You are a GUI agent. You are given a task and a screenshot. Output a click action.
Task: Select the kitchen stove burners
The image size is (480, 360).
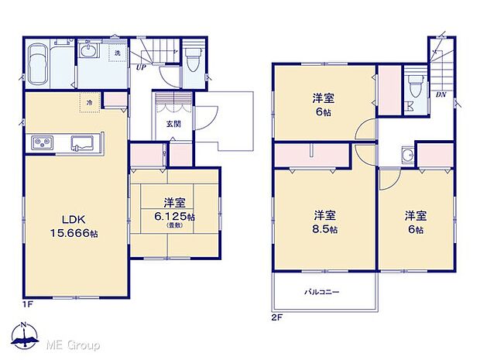coord(40,142)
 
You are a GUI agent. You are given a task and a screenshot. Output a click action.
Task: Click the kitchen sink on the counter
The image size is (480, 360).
coord(81,142)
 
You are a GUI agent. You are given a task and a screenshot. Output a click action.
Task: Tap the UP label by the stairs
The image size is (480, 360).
coord(141,68)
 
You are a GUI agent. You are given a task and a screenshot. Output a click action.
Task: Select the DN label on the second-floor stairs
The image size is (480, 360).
coord(439,94)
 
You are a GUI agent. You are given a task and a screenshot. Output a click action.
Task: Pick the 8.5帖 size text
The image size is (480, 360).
coord(324,229)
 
